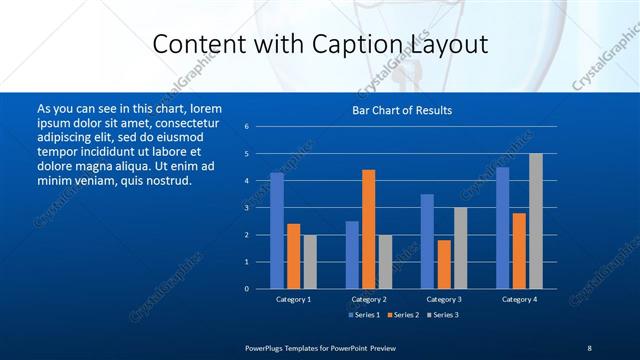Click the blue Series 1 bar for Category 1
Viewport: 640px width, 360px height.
click(x=277, y=230)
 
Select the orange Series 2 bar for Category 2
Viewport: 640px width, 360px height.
click(x=368, y=229)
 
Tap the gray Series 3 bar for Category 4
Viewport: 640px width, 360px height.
click(x=535, y=221)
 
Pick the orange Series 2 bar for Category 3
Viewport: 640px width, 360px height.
click(x=444, y=264)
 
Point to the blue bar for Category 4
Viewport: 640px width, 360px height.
click(x=502, y=227)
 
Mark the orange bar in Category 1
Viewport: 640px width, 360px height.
click(x=293, y=256)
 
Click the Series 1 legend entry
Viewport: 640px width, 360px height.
click(x=364, y=315)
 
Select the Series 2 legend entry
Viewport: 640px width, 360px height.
click(x=403, y=315)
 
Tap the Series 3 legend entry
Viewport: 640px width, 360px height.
click(x=442, y=315)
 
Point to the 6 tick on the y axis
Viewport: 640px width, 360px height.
click(x=246, y=127)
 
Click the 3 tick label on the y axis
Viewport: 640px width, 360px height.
click(x=246, y=208)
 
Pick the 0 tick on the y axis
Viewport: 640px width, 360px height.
click(x=246, y=289)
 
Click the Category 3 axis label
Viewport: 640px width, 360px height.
click(x=444, y=299)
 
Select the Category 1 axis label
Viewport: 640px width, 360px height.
click(x=293, y=299)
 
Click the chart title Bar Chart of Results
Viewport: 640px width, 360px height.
click(x=402, y=110)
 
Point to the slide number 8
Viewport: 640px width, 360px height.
click(x=589, y=347)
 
